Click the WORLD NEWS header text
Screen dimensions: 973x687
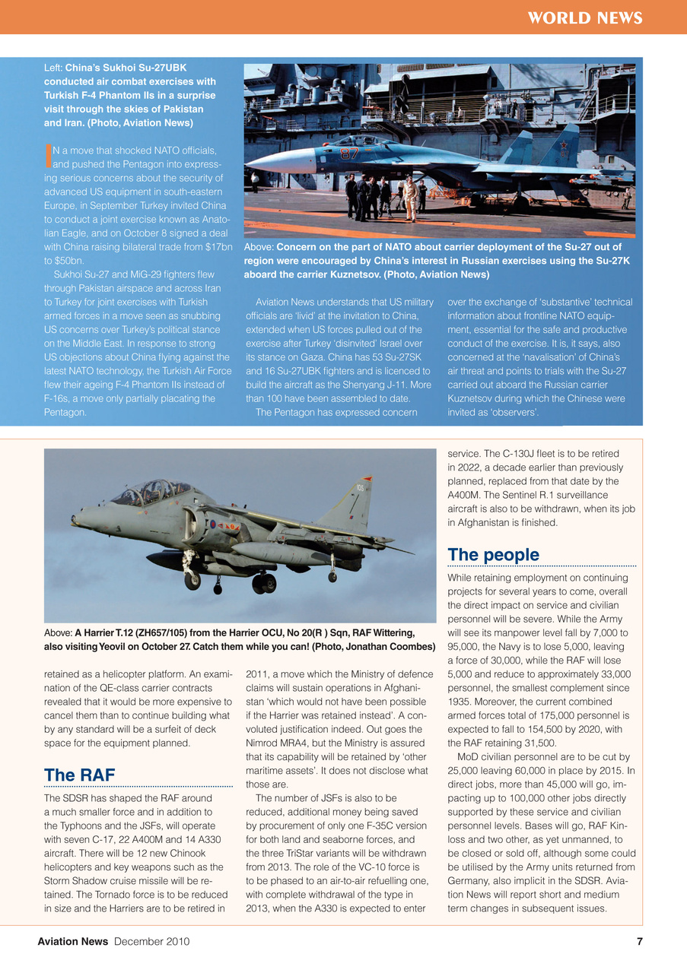(x=585, y=18)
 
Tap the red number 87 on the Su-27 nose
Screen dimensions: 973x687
(x=349, y=154)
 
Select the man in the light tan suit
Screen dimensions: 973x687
(x=411, y=196)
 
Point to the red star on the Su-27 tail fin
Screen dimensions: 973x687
(x=564, y=144)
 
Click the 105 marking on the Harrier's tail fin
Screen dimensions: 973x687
(x=360, y=486)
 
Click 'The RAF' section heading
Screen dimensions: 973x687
(x=79, y=775)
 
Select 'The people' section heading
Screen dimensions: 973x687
(x=493, y=555)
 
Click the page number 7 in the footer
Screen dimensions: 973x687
(x=639, y=942)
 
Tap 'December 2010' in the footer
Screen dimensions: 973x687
(x=151, y=942)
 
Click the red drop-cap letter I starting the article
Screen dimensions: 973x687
(x=48, y=154)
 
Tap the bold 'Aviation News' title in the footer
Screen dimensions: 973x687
(x=73, y=942)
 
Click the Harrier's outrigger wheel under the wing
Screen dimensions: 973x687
(x=332, y=578)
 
